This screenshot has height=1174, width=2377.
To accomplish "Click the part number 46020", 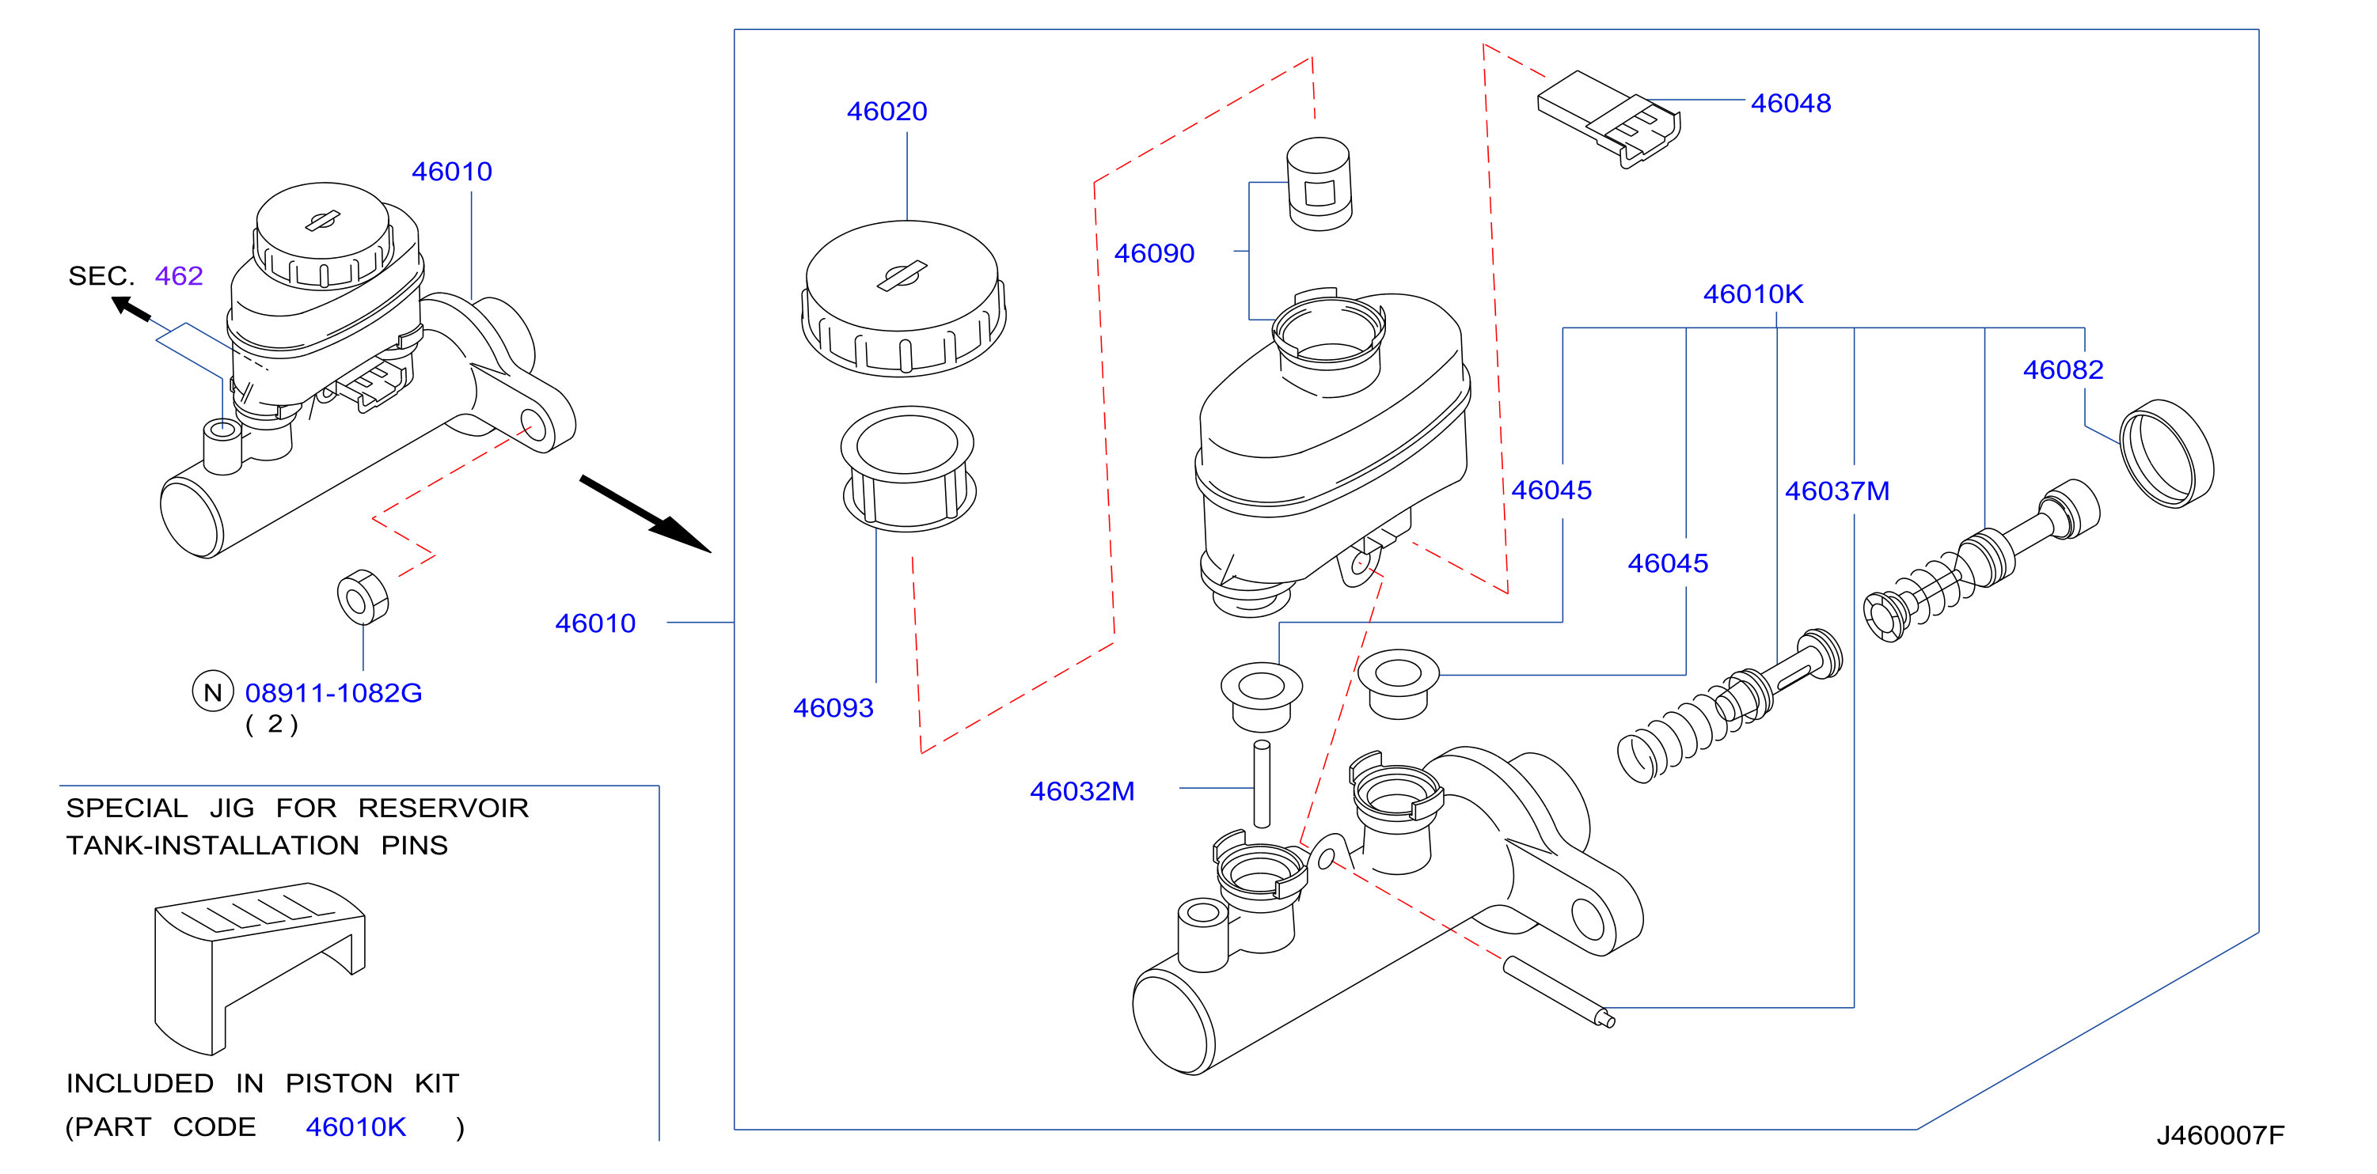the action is [887, 112].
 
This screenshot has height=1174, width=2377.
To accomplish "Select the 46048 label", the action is [1790, 104].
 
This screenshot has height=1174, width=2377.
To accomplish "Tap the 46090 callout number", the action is [1153, 254].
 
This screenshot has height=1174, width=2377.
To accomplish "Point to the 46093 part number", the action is [833, 708].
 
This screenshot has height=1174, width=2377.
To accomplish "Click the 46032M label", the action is [1081, 791].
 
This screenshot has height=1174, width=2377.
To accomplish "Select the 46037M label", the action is [1836, 491].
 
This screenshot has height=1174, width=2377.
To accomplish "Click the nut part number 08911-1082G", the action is [333, 692].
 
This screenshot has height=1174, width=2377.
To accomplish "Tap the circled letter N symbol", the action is [212, 691].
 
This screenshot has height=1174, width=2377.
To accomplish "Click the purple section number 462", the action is [178, 276].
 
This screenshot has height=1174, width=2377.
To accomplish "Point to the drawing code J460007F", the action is [2219, 1135].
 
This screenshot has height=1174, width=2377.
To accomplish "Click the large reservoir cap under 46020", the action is [903, 298].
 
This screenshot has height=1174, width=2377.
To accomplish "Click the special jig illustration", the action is [260, 968].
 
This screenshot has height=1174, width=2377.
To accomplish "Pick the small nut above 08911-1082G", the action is [363, 596].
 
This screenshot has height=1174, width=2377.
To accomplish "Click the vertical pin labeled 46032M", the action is [1262, 784].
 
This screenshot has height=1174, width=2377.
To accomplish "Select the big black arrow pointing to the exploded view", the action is [645, 514].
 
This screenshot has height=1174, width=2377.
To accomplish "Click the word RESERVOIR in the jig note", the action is [443, 809].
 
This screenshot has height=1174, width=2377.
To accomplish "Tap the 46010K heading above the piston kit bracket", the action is [1752, 294].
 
